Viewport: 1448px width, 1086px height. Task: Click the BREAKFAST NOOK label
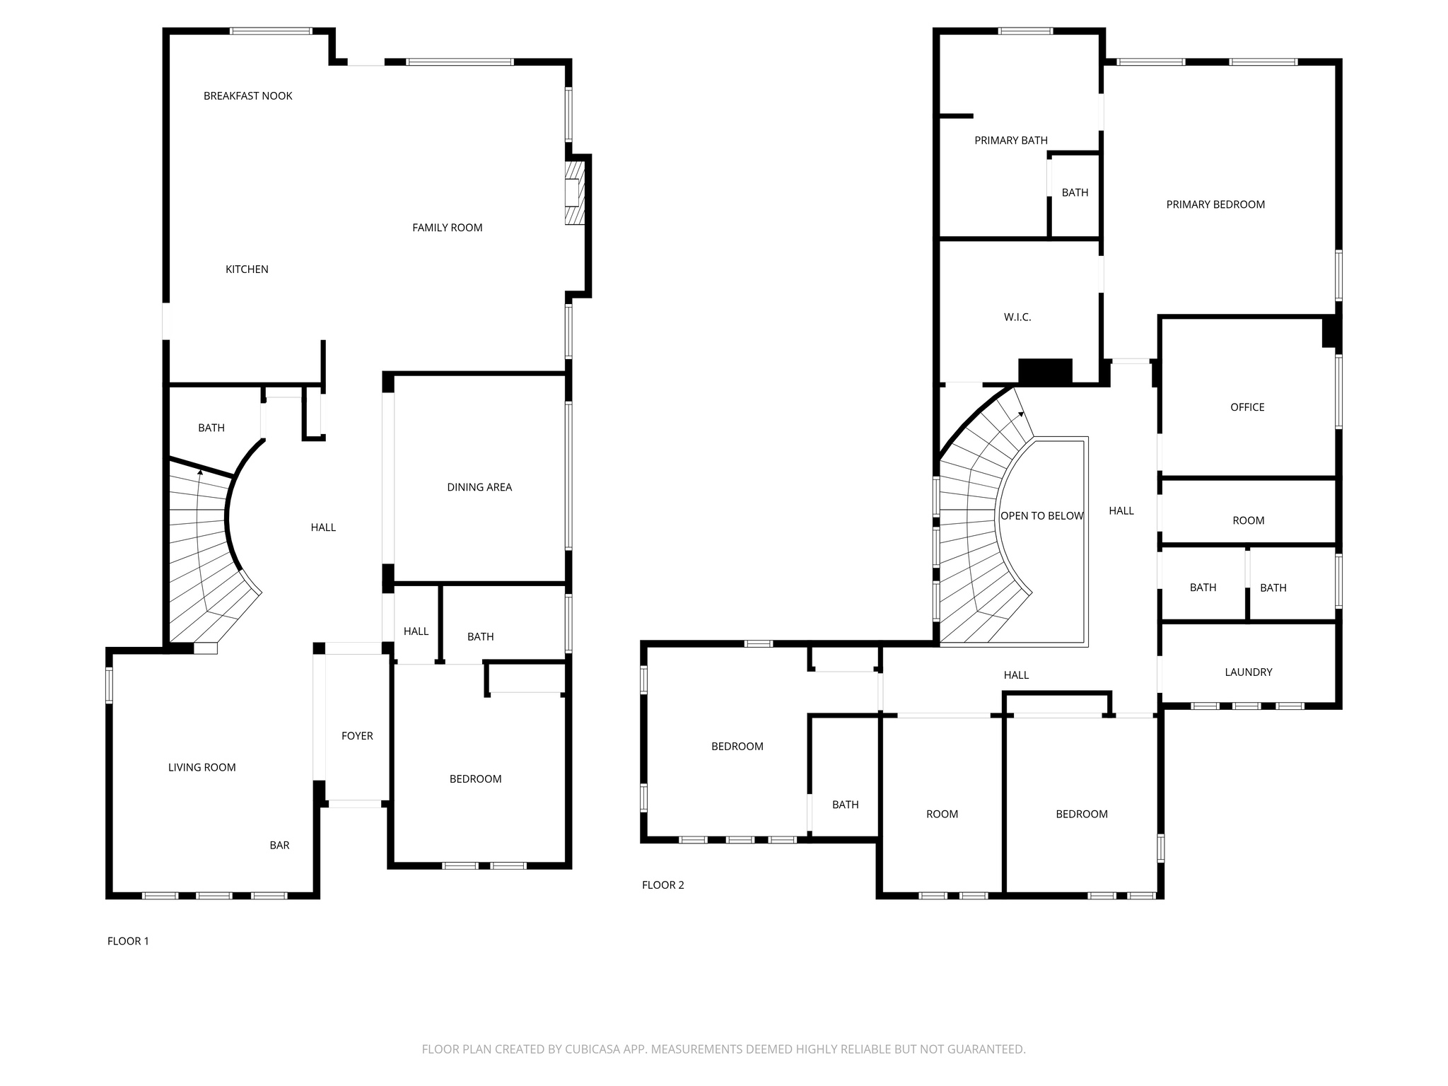247,96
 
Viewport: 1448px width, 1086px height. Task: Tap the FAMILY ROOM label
448,228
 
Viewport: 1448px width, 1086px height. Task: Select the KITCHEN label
247,269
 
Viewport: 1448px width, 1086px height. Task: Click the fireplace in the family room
575,192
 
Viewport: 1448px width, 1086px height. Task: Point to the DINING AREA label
479,487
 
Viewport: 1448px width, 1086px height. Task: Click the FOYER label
357,736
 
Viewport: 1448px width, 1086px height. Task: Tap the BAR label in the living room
279,846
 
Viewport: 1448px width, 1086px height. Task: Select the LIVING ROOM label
202,768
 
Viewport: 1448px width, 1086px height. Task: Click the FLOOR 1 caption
128,941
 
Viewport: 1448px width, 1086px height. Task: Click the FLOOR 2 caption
663,885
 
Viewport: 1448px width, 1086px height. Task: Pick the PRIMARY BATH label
1011,141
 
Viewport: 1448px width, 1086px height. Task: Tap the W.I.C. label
1017,317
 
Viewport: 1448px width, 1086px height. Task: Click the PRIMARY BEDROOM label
1215,205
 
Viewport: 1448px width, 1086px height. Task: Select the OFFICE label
1247,407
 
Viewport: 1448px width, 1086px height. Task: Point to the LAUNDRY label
1249,672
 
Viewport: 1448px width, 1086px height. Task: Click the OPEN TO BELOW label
1042,516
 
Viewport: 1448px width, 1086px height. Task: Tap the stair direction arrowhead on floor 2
1020,414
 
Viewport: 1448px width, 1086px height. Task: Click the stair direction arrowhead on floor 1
200,472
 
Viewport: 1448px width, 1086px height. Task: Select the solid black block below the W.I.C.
1045,371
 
